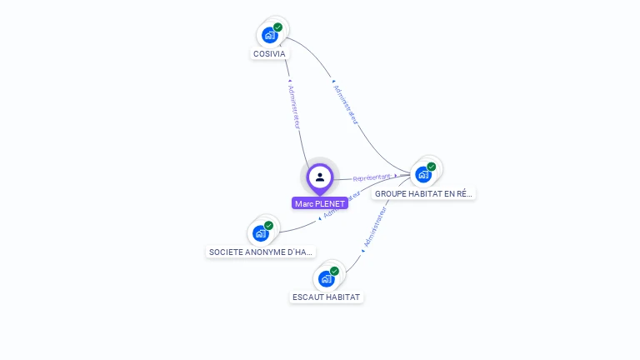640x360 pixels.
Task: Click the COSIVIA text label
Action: [269, 54]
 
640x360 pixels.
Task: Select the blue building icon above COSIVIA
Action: [269, 35]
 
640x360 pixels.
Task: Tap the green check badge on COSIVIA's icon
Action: [278, 27]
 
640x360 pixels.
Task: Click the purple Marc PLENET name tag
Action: [320, 203]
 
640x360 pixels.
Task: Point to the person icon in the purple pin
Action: [320, 177]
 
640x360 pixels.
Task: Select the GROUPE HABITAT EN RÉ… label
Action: [424, 193]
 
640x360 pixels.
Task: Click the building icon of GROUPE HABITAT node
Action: [423, 174]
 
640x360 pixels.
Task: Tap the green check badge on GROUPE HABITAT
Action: [432, 167]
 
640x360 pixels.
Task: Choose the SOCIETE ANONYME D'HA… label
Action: [261, 252]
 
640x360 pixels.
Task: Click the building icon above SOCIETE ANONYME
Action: [260, 233]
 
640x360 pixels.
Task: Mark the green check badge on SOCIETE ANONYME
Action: [269, 226]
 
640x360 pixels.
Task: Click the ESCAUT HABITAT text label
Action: [327, 297]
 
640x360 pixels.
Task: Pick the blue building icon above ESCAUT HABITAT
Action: [326, 278]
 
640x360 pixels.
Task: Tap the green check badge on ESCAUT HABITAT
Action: [334, 271]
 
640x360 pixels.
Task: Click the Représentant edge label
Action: [372, 177]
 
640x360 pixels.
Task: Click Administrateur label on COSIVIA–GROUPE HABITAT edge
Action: [345, 103]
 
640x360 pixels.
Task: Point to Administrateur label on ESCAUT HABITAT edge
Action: [376, 227]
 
